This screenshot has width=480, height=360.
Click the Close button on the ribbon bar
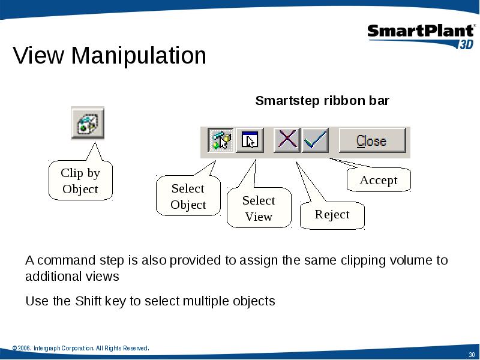coord(373,140)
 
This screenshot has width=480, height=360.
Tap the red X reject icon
coord(287,140)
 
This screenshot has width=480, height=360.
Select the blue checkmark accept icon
coord(316,140)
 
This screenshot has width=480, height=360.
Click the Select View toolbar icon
coord(250,140)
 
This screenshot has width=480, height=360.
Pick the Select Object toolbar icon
coord(221,140)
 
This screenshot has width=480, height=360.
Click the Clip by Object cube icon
coord(88,123)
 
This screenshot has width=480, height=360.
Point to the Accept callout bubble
coord(379,179)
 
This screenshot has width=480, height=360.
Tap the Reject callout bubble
coord(332,215)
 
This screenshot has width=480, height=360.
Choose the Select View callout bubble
coord(259,208)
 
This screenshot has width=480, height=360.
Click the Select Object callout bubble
coord(188,196)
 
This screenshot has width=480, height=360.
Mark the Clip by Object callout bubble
coord(80,181)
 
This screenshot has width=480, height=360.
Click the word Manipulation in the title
coord(139,55)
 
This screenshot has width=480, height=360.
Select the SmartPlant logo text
coord(421,31)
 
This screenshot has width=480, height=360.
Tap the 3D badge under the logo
coord(466,44)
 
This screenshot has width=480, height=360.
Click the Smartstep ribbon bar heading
coord(322,100)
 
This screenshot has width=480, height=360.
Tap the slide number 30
coord(472,355)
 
